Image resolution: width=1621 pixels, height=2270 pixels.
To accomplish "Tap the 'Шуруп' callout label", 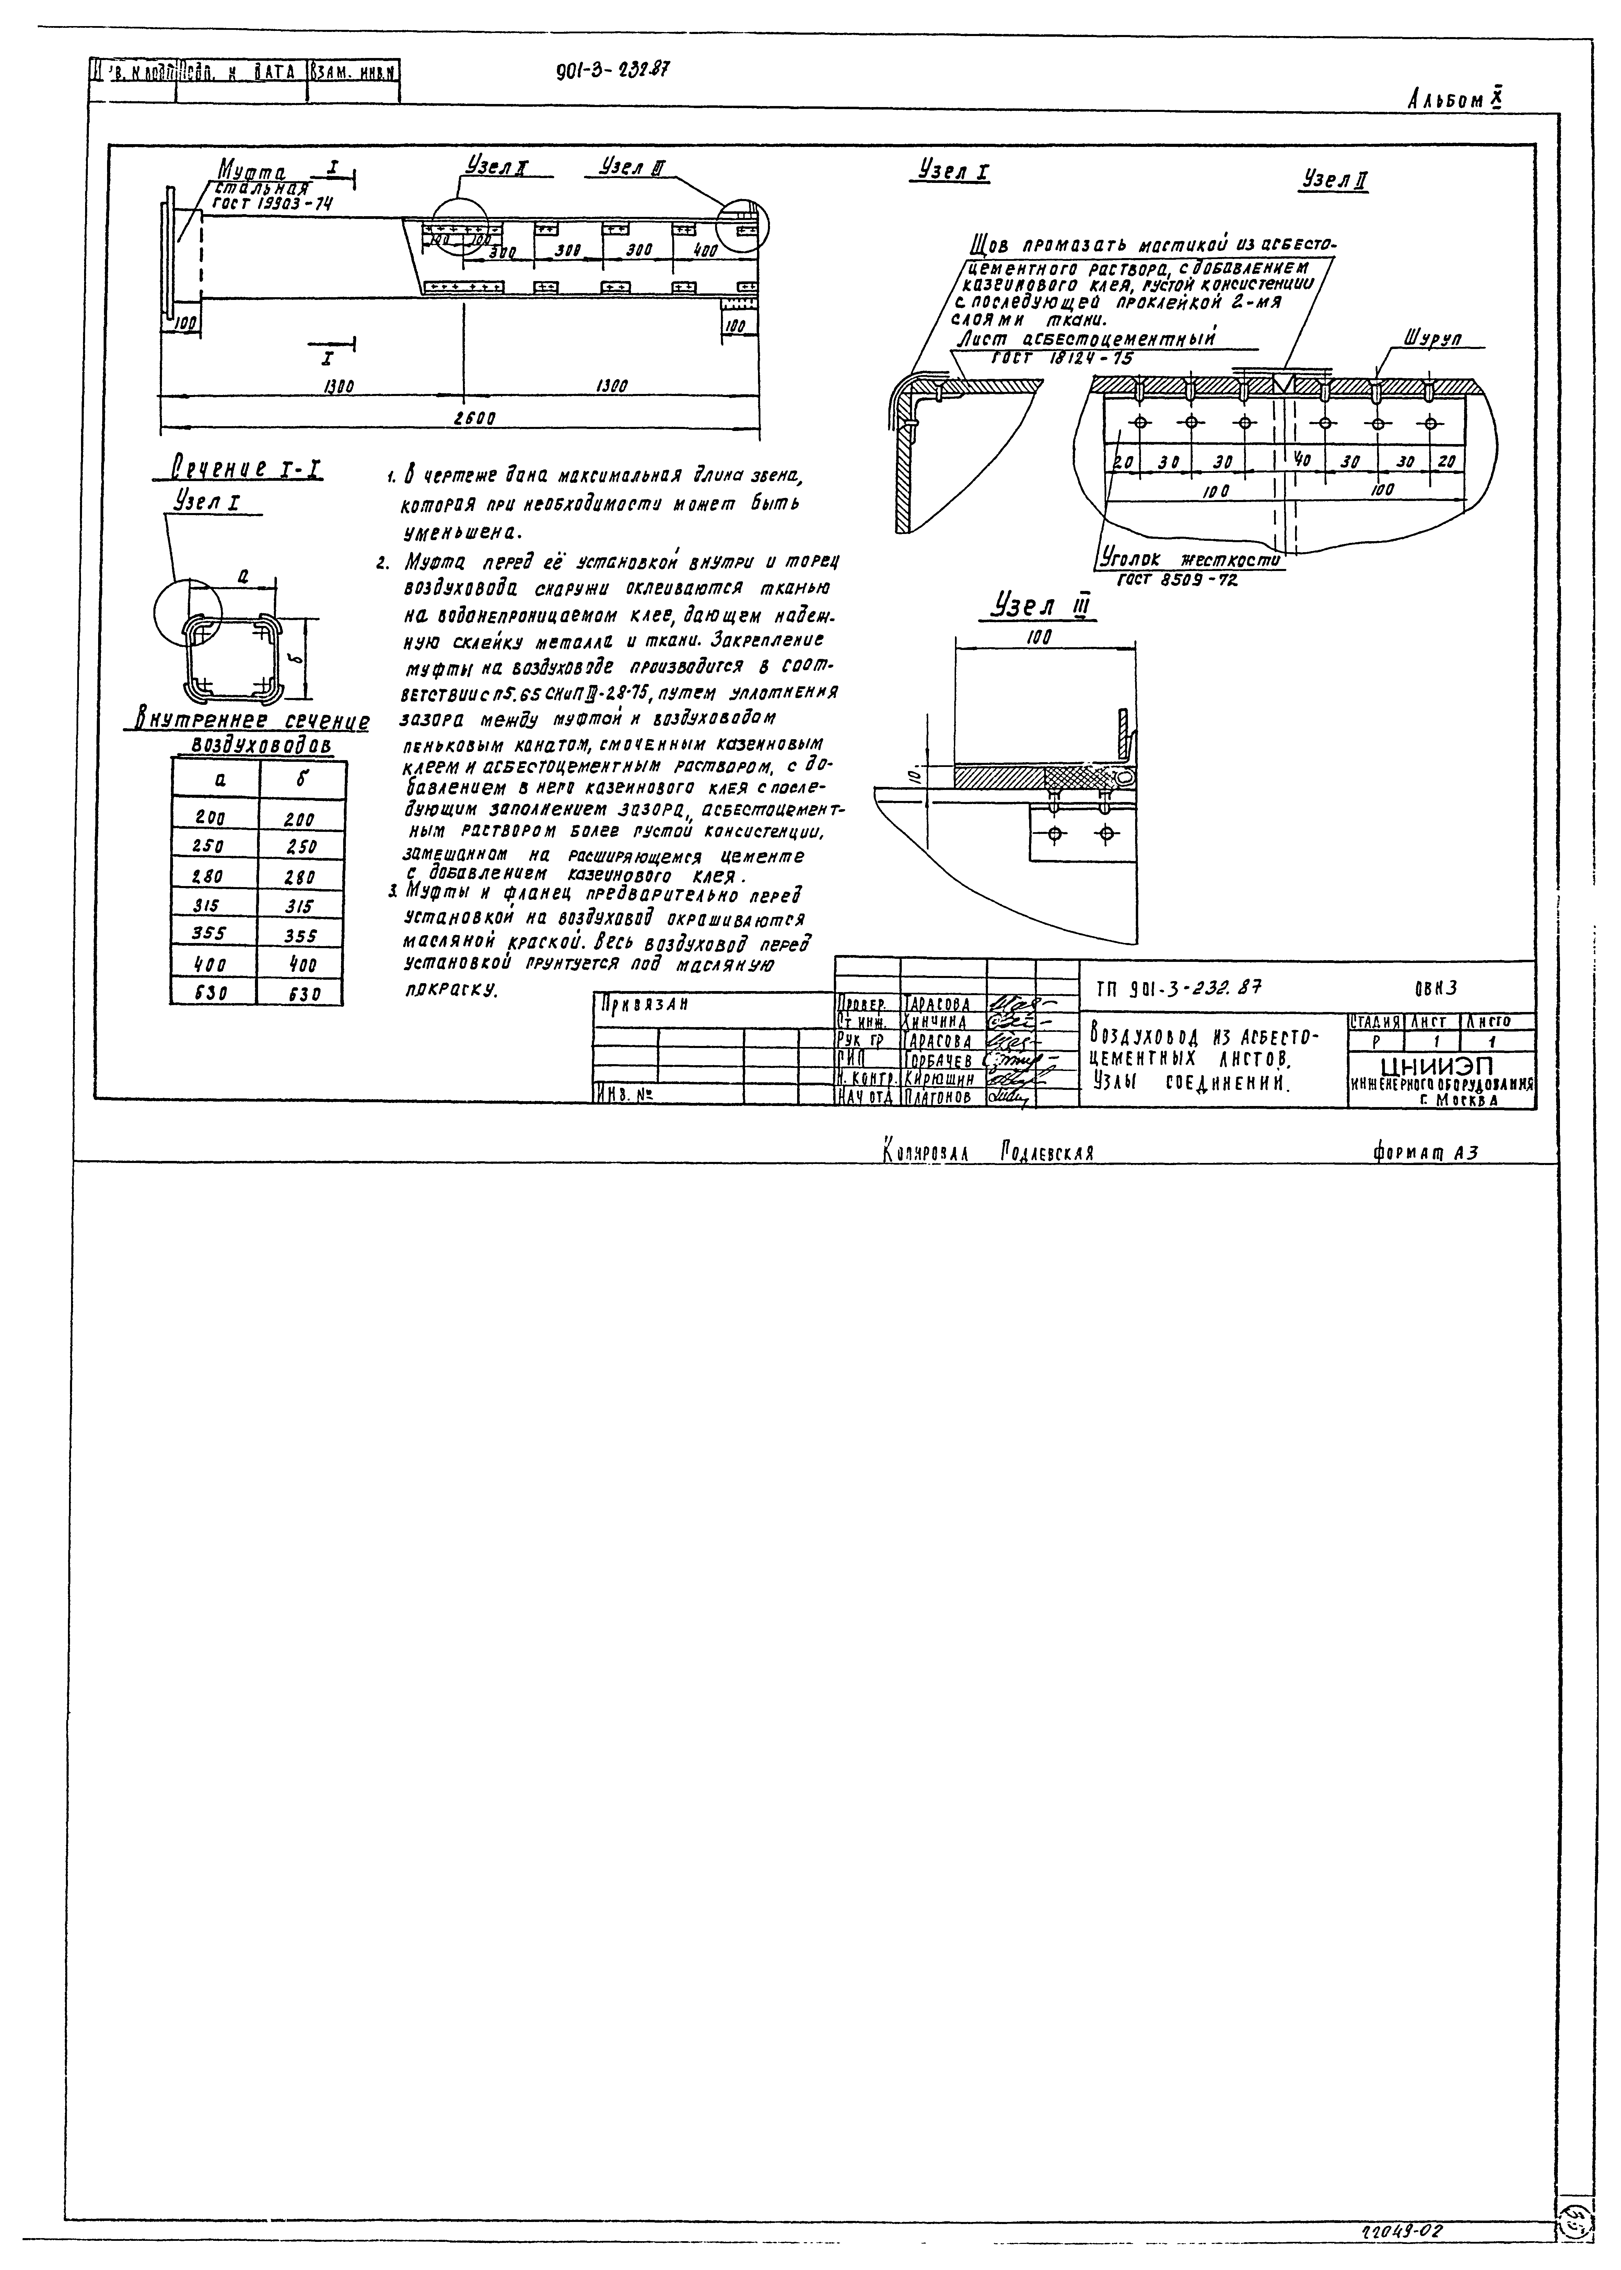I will coord(1432,339).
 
